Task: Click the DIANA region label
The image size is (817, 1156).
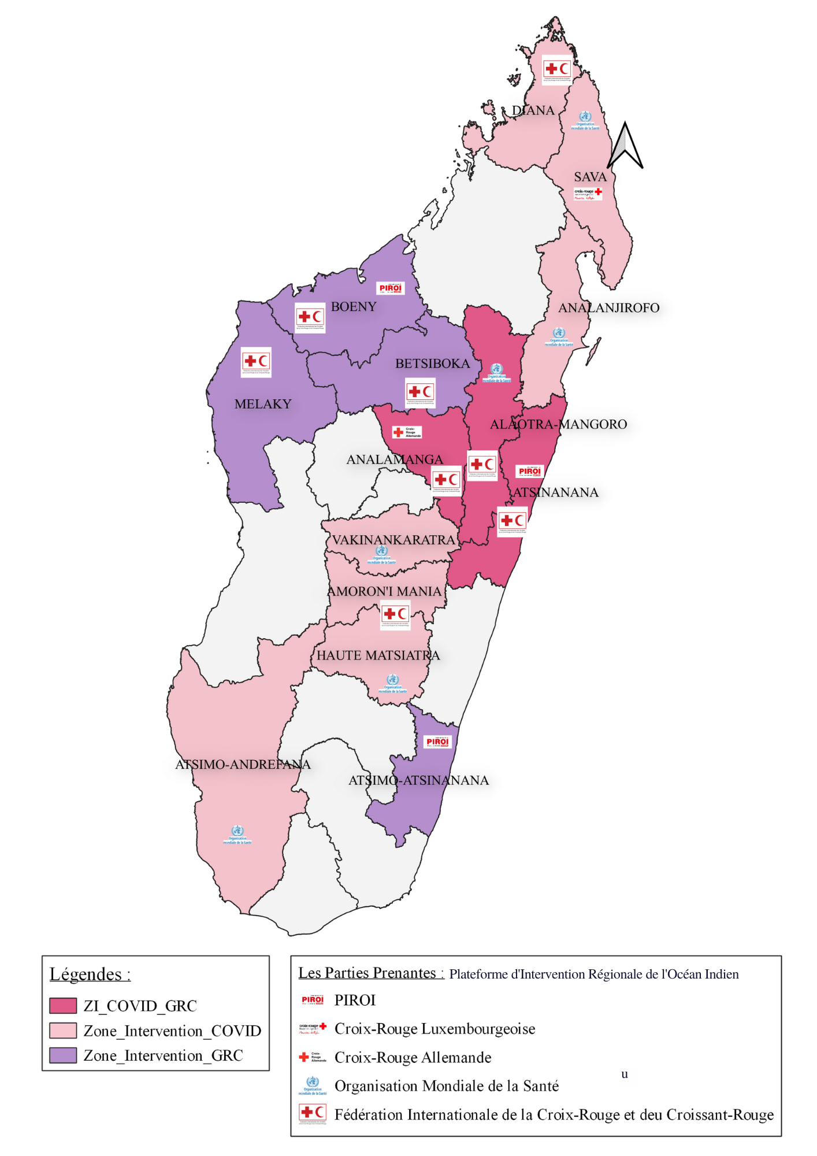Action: (x=533, y=110)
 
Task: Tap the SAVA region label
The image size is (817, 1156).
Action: (x=590, y=177)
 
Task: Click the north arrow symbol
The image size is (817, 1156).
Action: (x=626, y=146)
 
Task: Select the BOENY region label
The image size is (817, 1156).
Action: (x=354, y=307)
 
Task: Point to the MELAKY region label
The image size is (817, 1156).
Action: (x=263, y=404)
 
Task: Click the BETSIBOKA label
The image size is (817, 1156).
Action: (x=432, y=364)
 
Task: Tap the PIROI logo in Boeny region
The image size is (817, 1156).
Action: (x=391, y=288)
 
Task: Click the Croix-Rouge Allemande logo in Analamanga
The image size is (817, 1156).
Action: (x=407, y=432)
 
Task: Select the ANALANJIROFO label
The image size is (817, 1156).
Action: (x=608, y=308)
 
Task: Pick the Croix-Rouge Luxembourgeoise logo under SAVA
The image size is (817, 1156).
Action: (x=588, y=194)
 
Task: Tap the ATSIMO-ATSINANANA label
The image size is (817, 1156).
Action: (x=418, y=780)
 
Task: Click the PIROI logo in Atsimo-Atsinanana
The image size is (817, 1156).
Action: (x=437, y=742)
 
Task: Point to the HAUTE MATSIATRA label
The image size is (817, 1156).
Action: (x=378, y=655)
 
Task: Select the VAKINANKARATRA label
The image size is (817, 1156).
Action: (x=393, y=540)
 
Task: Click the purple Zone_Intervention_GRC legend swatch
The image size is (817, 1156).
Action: (x=63, y=1055)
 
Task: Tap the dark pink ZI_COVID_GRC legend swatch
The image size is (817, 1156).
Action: (x=63, y=1006)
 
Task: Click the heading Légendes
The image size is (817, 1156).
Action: (x=90, y=975)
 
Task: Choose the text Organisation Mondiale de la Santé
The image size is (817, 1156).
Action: (x=447, y=1086)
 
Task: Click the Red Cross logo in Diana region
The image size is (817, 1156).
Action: (x=557, y=70)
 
